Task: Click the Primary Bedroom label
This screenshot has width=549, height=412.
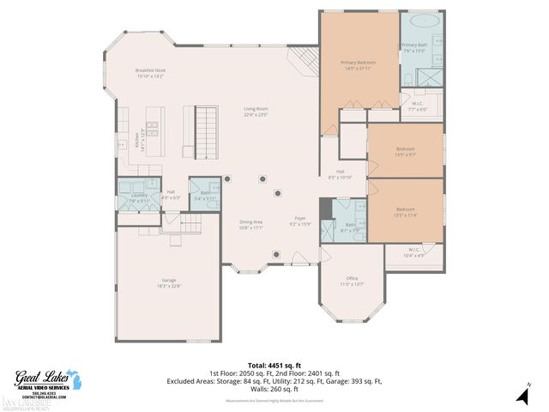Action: pos(359,63)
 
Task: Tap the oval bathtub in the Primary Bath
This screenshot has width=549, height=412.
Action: pos(420,21)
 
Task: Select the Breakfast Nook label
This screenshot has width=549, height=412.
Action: pos(149,70)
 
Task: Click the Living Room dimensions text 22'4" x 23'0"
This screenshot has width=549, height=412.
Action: pos(256,114)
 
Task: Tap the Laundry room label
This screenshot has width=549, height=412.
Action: pos(138,195)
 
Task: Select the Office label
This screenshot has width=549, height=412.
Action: pos(352,278)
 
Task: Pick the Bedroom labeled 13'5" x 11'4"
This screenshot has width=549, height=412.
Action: pos(406,209)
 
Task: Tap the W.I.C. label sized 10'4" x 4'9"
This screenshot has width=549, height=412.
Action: pos(413,251)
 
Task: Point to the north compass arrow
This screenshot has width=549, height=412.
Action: pos(521,395)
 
